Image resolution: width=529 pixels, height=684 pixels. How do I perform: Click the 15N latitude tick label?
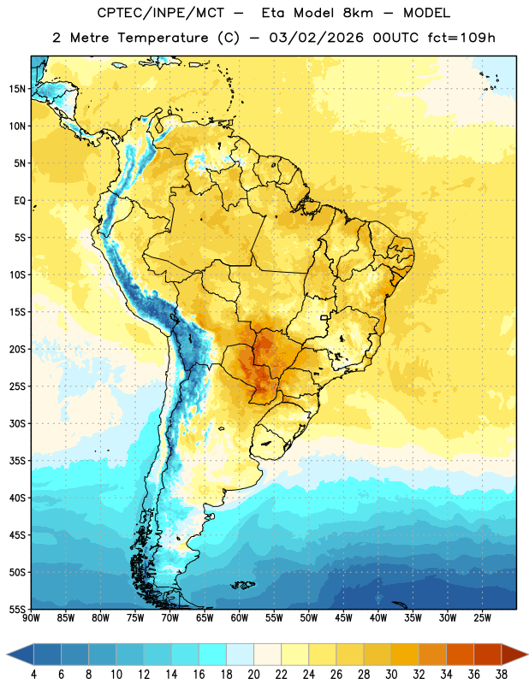17,89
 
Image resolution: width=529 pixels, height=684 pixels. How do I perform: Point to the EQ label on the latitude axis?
20,201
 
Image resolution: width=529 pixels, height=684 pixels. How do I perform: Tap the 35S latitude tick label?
17,461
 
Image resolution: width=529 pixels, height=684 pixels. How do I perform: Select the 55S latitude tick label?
17,609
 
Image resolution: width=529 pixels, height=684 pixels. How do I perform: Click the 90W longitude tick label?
31,618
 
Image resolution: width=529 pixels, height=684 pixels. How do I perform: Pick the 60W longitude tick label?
240,618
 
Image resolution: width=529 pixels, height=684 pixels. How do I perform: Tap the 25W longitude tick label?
482,618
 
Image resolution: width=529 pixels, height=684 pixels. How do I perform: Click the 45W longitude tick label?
343,618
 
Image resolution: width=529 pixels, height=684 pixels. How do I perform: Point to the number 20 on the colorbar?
253,675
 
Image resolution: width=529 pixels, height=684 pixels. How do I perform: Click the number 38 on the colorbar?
502,675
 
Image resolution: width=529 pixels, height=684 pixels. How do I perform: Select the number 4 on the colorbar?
33,675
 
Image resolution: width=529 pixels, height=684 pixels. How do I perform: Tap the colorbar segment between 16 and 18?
213,655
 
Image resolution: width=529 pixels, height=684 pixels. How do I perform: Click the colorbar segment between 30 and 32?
406,655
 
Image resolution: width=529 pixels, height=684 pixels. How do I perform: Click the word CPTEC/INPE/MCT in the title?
160,13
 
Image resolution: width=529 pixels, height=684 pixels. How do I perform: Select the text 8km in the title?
358,13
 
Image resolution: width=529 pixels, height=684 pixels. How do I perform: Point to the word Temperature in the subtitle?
163,38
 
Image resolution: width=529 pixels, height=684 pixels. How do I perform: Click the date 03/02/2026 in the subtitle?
316,38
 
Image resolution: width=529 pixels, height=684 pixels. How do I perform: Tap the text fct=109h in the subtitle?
461,38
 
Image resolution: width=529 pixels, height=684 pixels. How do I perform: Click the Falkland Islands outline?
243,585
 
